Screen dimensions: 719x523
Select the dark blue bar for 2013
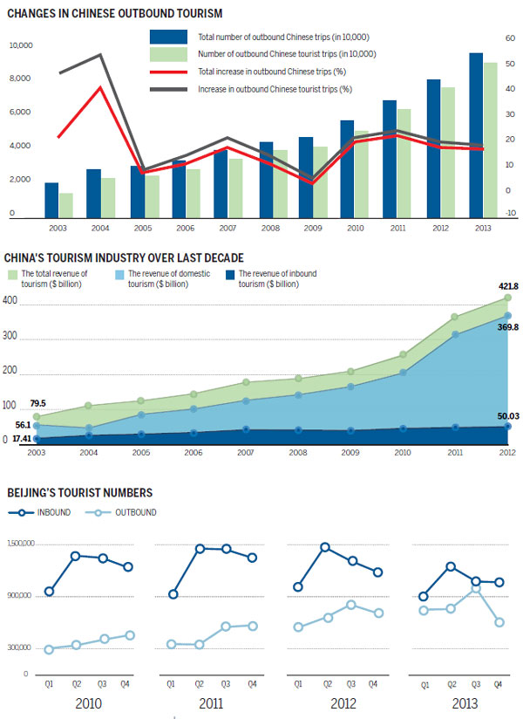[x=476, y=135]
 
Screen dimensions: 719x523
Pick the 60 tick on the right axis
[x=510, y=38]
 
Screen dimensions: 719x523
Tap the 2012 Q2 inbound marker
[x=325, y=547]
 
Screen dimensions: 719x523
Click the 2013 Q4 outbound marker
[x=499, y=622]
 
